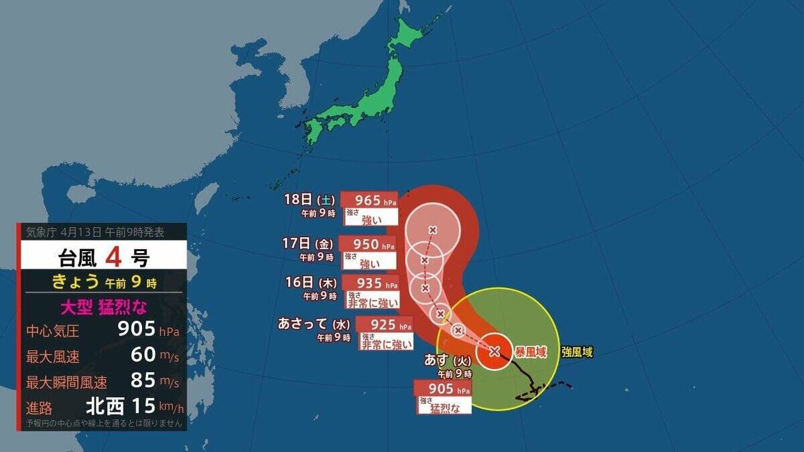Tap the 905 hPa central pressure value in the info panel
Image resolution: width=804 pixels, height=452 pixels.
pyautogui.click(x=136, y=329)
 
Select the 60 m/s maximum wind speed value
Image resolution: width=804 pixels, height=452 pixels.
pyautogui.click(x=143, y=356)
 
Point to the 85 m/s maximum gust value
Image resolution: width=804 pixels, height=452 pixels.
pyautogui.click(x=143, y=382)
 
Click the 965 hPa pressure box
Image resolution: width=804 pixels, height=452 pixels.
pyautogui.click(x=369, y=200)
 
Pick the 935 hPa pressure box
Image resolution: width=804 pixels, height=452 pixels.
pyautogui.click(x=371, y=283)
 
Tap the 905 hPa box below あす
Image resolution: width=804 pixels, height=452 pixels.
pyautogui.click(x=443, y=389)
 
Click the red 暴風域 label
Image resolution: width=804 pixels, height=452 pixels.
pyautogui.click(x=530, y=352)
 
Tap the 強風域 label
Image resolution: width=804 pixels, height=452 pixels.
pyautogui.click(x=577, y=351)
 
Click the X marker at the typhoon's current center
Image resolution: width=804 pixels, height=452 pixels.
pyautogui.click(x=494, y=351)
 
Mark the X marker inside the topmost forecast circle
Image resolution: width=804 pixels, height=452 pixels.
pyautogui.click(x=432, y=230)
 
